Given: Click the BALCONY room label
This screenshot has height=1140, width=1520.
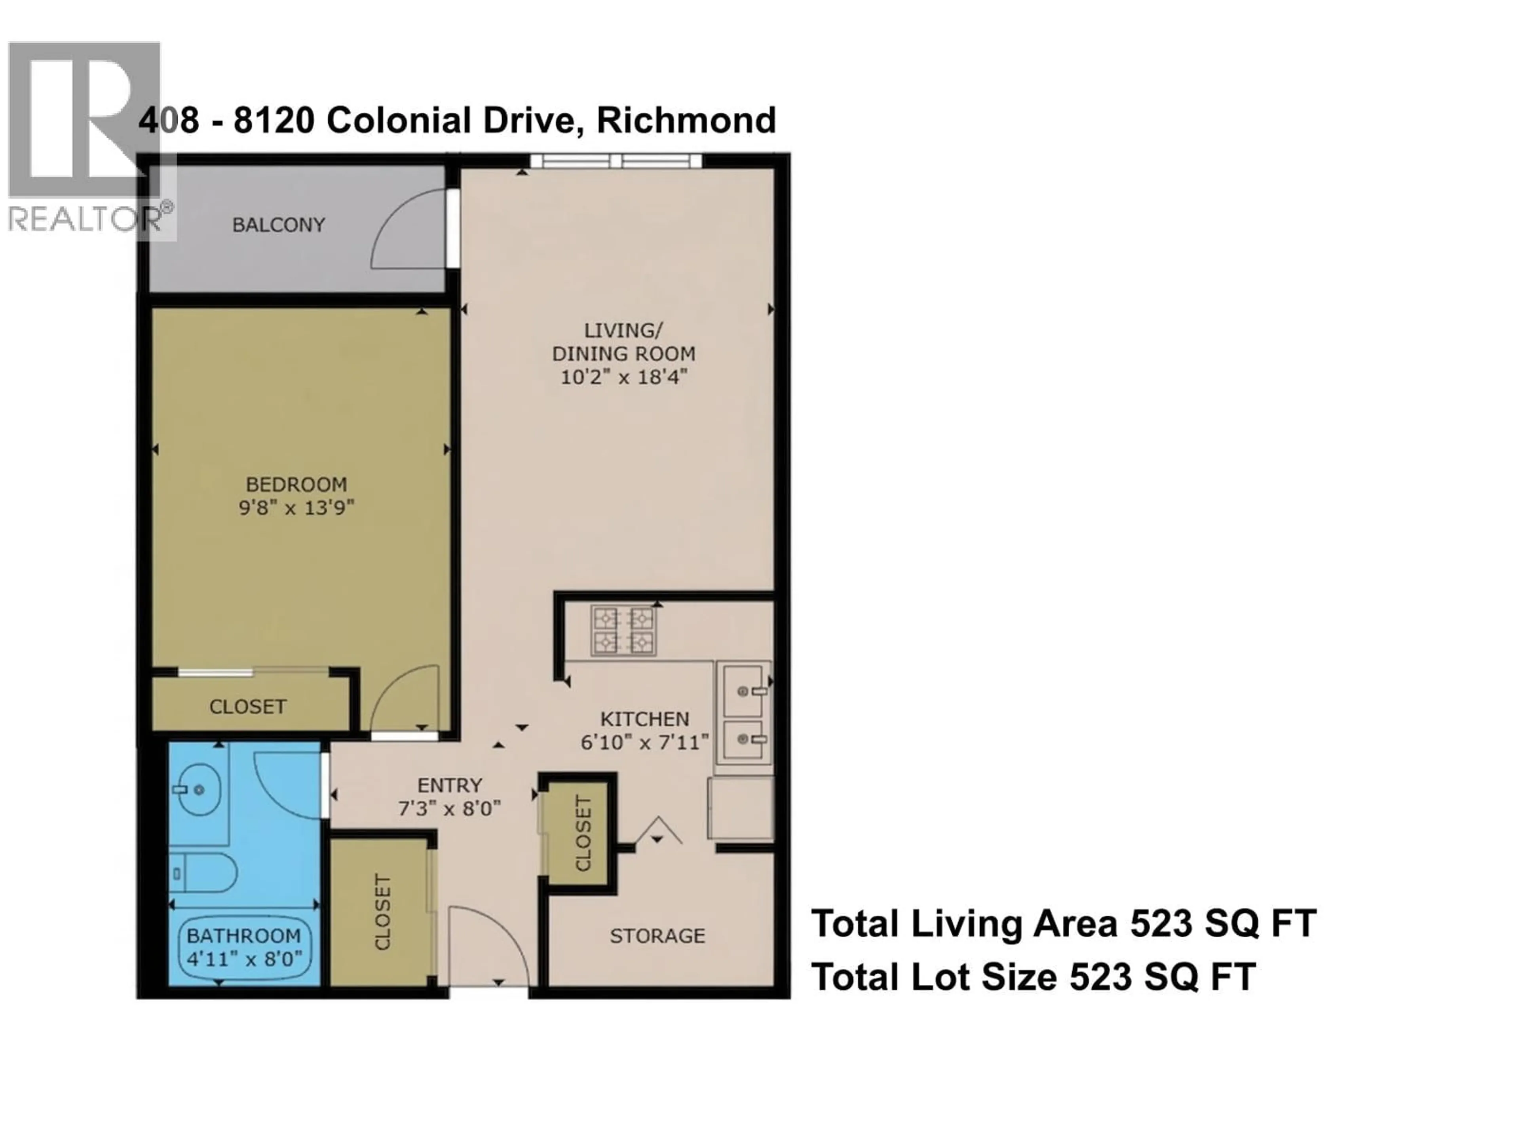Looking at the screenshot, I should point(278,225).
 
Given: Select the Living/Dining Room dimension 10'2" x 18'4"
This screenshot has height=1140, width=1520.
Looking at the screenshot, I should point(623,376).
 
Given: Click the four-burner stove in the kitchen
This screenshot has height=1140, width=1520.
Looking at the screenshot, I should point(623,630).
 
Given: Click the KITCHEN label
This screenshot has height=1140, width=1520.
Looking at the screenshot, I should point(644,719).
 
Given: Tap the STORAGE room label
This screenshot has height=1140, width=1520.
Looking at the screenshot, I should point(657,936).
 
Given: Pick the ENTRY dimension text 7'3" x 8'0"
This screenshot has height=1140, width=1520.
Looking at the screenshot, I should point(449,808).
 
